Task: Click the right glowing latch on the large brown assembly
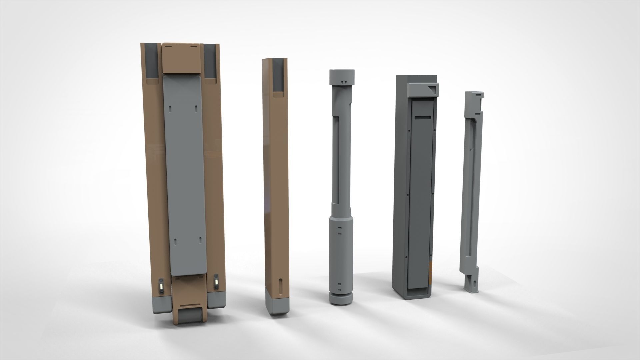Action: (x=217, y=282)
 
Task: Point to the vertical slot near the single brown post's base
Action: (x=280, y=286)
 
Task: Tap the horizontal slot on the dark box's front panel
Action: (x=423, y=117)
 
